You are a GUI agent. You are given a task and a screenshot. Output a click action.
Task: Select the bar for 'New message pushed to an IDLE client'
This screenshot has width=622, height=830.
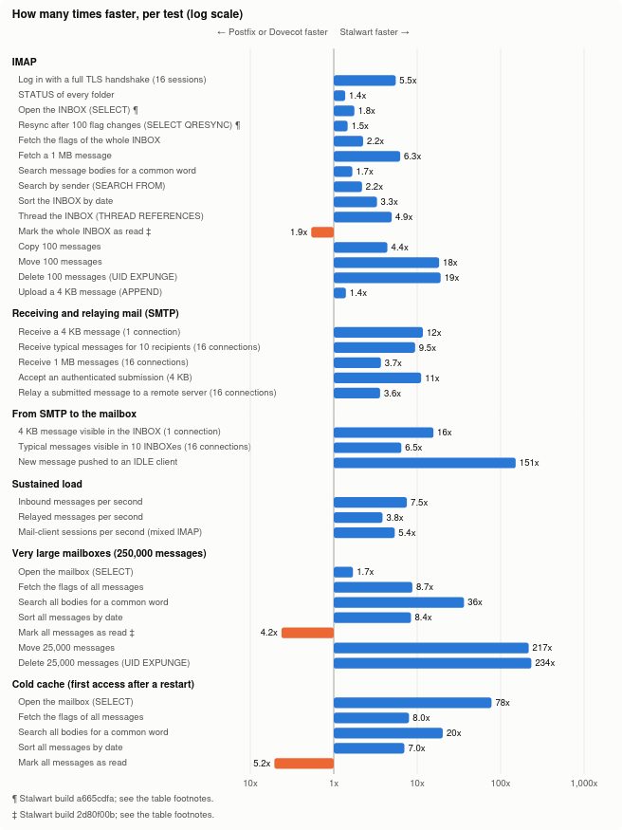point(424,463)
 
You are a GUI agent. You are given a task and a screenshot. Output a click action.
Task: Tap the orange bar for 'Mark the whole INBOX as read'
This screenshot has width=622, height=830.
point(322,231)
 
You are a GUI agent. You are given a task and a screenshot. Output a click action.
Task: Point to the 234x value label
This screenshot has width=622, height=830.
point(545,663)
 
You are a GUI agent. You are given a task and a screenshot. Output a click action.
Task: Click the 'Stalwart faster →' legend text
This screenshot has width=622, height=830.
point(375,32)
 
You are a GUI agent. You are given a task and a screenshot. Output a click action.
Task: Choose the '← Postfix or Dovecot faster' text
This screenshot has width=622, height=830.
point(272,32)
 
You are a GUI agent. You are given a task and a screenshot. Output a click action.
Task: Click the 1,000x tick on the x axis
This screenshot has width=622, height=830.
point(584,783)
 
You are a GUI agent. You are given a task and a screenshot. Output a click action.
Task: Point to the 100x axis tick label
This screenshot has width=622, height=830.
point(501,783)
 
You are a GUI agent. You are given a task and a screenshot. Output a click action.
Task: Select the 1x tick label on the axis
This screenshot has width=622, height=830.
point(334,783)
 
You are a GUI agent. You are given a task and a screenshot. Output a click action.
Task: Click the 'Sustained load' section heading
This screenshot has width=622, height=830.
point(47,484)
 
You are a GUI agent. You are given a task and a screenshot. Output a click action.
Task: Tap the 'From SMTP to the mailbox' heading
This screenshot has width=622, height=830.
point(74,414)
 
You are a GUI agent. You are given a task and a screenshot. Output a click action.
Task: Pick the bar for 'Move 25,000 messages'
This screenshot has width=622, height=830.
point(431,647)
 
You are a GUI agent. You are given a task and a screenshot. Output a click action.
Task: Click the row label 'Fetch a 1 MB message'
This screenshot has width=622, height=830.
point(64,156)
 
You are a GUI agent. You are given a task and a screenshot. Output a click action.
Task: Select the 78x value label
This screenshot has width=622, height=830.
point(503,703)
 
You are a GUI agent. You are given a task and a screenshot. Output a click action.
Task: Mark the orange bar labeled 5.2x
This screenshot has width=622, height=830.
point(304,763)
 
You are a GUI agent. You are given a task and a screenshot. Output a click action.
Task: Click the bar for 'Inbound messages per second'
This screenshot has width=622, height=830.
point(370,502)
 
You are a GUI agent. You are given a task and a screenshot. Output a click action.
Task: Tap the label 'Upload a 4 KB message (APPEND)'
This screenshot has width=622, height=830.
point(90,291)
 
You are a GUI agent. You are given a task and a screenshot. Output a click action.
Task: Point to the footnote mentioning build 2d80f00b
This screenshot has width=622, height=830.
point(113,815)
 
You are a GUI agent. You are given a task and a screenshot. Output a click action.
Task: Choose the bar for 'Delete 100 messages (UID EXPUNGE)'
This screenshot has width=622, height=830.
point(387,277)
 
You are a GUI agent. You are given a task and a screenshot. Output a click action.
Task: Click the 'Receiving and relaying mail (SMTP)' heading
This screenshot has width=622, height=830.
point(95,313)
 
